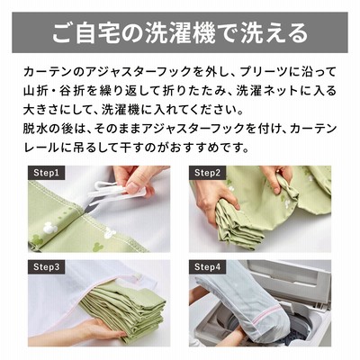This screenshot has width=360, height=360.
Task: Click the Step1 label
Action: tap(47, 173)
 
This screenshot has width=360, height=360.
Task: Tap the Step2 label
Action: tap(207, 173)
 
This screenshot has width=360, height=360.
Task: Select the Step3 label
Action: tap(47, 267)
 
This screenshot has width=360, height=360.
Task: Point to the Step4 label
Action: tap(207, 267)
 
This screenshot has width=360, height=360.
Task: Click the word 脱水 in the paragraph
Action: tap(35, 129)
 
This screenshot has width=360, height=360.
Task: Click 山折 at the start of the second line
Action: tap(35, 91)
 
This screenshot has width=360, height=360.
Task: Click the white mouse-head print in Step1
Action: tap(50, 229)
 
